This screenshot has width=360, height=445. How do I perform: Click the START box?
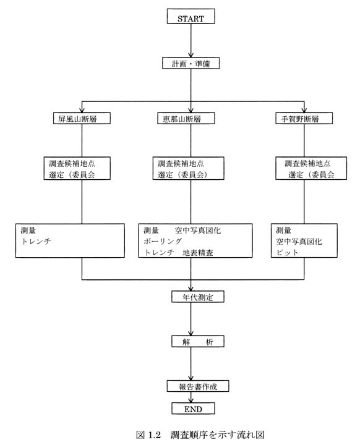click(191, 16)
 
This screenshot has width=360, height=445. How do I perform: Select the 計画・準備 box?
click(191, 63)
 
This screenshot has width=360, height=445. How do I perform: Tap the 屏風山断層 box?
click(82, 118)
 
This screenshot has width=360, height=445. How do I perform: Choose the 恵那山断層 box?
click(186, 118)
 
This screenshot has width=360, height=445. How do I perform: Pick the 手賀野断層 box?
click(304, 118)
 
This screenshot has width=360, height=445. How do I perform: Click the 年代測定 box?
click(198, 297)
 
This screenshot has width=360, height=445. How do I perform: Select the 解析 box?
click(198, 341)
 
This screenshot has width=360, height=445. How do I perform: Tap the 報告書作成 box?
click(198, 386)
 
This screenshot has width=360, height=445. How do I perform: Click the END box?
click(193, 409)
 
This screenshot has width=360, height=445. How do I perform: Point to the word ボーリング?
click(163, 241)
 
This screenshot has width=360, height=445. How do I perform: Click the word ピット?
click(287, 252)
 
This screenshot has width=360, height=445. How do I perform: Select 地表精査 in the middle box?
click(198, 252)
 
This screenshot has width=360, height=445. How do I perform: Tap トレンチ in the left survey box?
click(36, 241)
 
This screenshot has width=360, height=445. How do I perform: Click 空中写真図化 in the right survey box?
click(299, 241)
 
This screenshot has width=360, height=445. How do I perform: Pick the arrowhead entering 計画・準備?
click(191, 55)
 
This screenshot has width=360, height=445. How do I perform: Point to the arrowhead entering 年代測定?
click(191, 289)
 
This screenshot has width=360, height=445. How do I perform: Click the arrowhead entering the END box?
click(191, 400)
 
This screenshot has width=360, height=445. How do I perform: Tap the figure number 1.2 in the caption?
click(154, 434)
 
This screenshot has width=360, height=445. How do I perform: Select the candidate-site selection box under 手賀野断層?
click(311, 168)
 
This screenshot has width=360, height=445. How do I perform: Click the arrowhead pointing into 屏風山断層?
click(82, 110)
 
